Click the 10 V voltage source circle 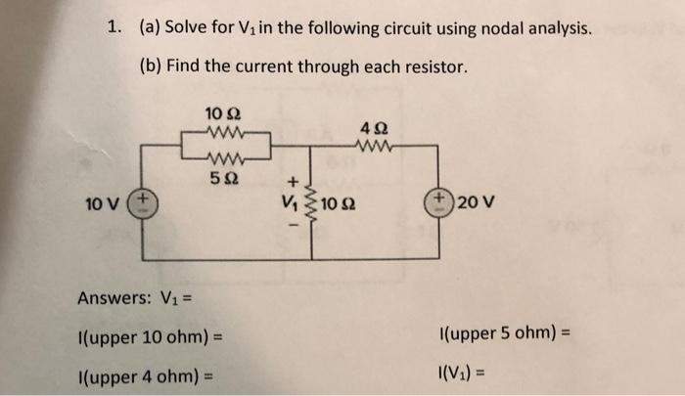click(143, 203)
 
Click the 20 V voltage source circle click(436, 203)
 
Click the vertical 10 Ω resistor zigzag click(312, 203)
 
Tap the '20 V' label click(476, 203)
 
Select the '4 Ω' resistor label click(373, 128)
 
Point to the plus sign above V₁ click(290, 182)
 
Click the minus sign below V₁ click(290, 226)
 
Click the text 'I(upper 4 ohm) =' click(145, 376)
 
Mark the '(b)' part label click(150, 66)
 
